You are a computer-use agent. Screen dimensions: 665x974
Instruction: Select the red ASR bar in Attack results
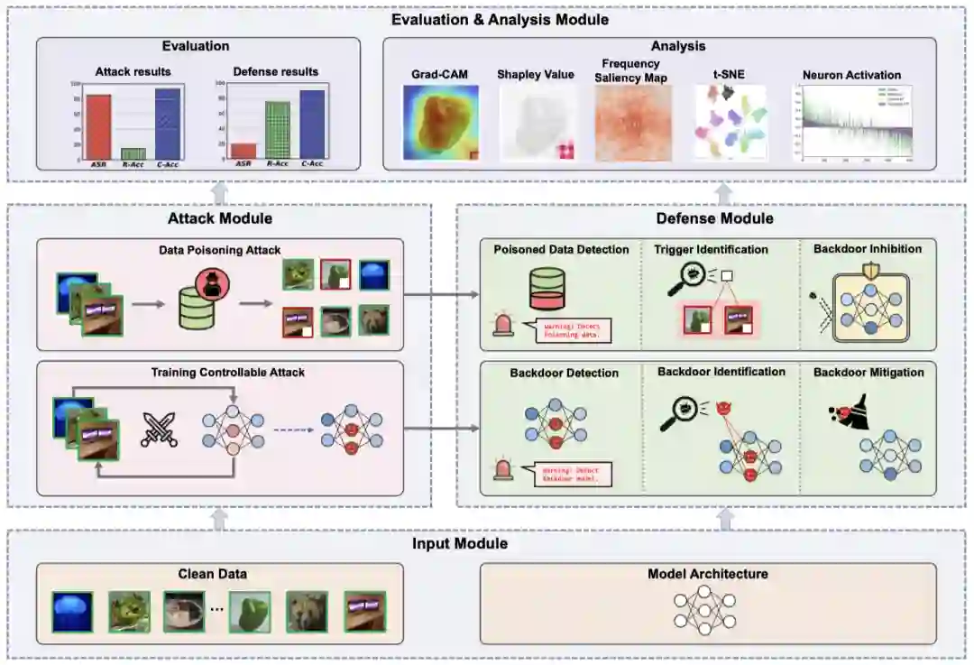coord(98,126)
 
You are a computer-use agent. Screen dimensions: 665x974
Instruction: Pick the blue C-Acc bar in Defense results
coord(312,125)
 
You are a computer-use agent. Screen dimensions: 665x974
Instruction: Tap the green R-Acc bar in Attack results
coord(133,153)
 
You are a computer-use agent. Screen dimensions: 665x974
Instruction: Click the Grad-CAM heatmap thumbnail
coord(439,123)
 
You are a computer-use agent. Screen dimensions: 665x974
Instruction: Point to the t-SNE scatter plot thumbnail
coord(729,123)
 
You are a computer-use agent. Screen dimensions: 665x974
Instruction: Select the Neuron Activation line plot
coord(852,123)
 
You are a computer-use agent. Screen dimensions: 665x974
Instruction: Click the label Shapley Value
coord(536,75)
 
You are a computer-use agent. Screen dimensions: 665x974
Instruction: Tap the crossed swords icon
coord(159,429)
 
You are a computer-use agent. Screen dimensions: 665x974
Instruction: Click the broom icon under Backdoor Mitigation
coord(841,414)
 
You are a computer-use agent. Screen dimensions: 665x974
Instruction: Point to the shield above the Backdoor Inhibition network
coord(869,270)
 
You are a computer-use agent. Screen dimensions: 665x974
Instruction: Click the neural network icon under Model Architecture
coord(705,609)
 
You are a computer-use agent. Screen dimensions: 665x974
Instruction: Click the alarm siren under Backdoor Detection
coord(503,469)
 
